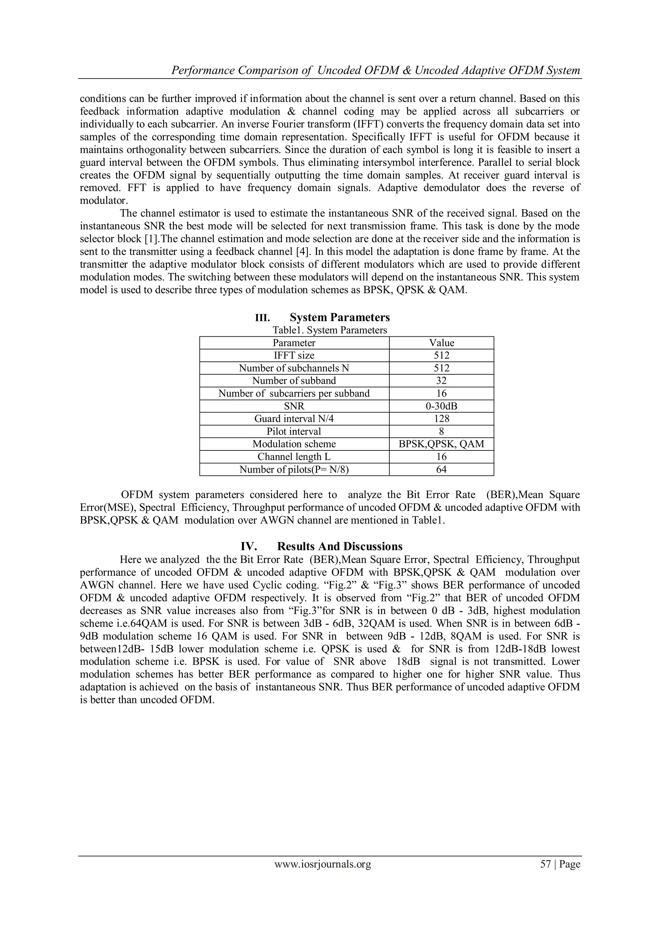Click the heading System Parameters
pos(340,317)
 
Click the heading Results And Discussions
pos(340,546)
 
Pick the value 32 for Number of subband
pos(442,381)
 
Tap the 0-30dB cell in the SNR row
pos(442,406)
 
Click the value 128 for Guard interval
pos(442,418)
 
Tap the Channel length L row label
pos(294,457)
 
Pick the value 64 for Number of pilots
pos(442,469)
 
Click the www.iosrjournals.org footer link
pos(323,864)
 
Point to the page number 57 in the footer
pos(545,864)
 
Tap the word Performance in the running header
pos(202,71)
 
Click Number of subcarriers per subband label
pos(294,393)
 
